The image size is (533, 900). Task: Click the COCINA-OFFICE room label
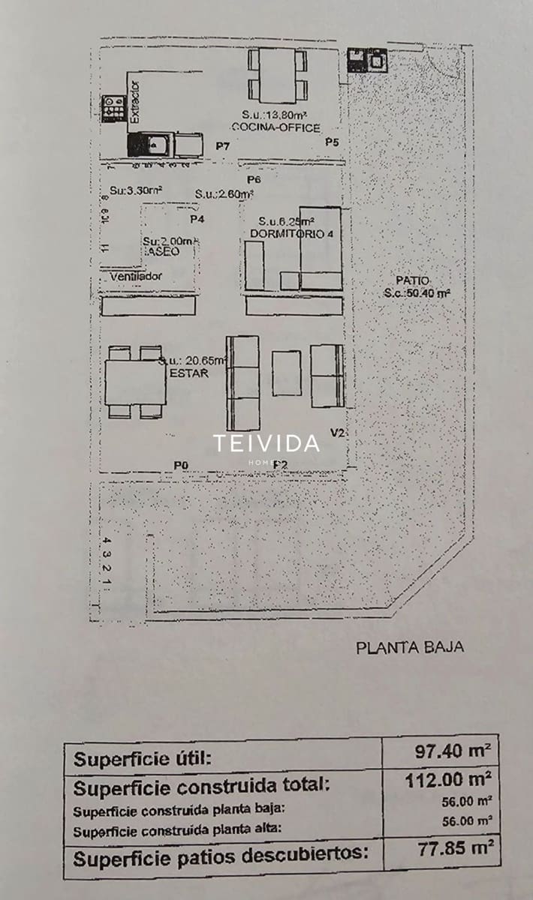pyautogui.click(x=276, y=128)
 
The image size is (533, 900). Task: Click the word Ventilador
pyautogui.click(x=135, y=277)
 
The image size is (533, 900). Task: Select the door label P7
pyautogui.click(x=221, y=145)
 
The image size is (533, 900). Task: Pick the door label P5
pyautogui.click(x=333, y=142)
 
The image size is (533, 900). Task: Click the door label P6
pyautogui.click(x=253, y=181)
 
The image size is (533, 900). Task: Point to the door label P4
pyautogui.click(x=197, y=219)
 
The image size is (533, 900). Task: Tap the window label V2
pyautogui.click(x=338, y=433)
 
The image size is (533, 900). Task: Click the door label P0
pyautogui.click(x=180, y=466)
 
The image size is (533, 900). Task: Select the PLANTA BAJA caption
pyautogui.click(x=410, y=647)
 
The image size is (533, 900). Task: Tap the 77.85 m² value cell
pyautogui.click(x=453, y=849)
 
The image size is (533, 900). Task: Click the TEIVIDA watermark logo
pyautogui.click(x=266, y=443)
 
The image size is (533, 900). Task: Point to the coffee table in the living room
pyautogui.click(x=286, y=373)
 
